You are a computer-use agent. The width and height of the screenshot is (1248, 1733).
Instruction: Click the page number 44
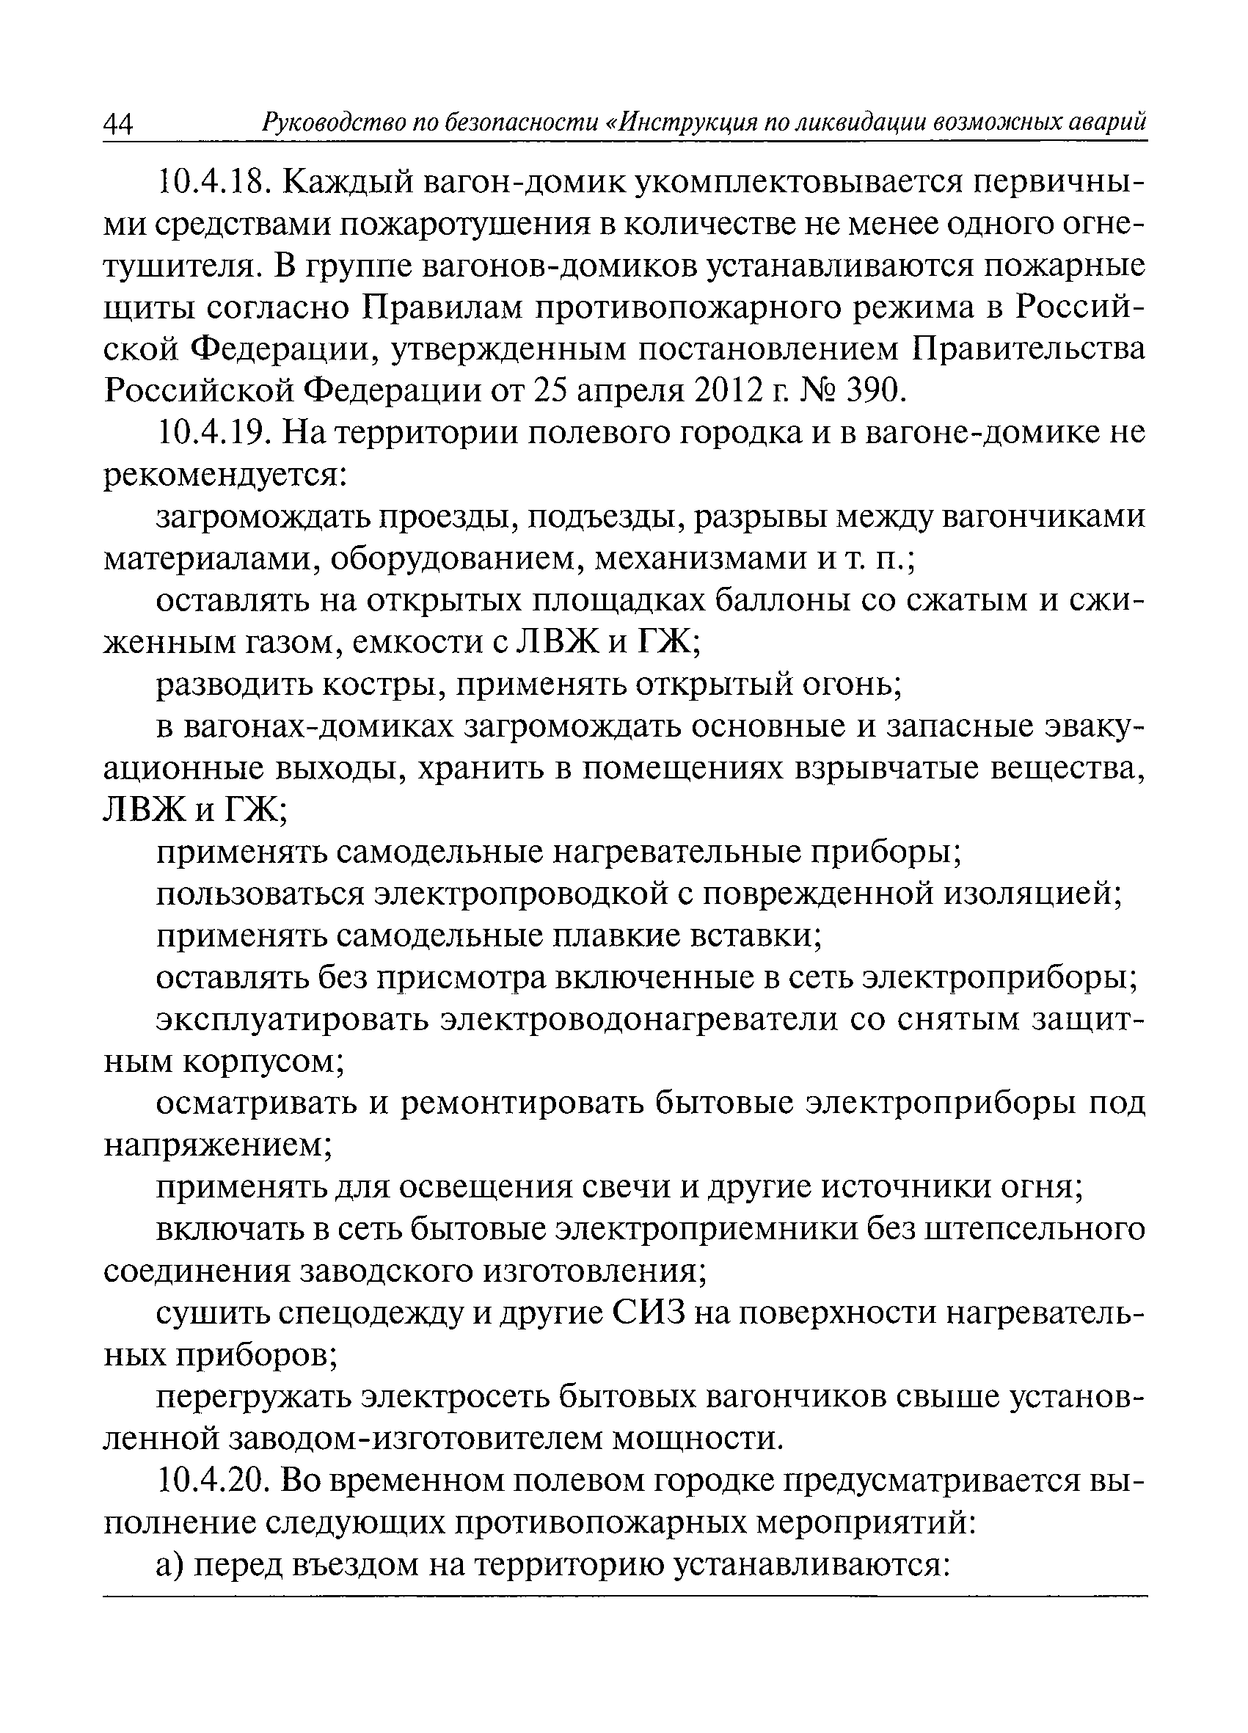click(118, 124)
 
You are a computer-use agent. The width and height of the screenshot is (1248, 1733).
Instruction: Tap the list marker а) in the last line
click(170, 1565)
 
